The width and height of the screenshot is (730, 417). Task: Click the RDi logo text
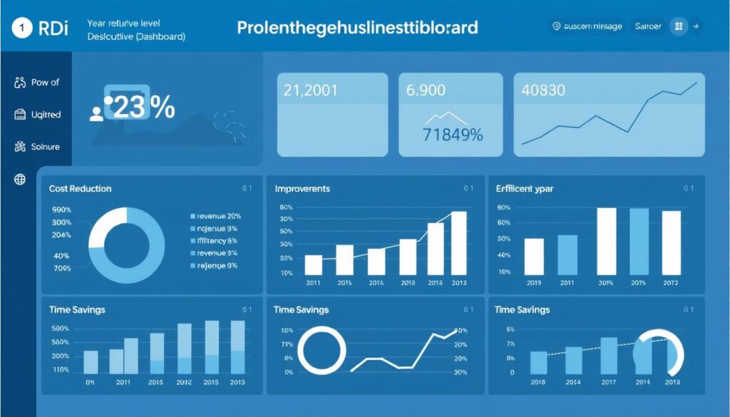click(53, 29)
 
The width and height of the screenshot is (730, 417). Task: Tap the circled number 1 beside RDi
click(23, 29)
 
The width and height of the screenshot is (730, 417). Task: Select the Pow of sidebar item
click(45, 83)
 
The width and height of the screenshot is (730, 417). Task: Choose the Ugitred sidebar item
click(46, 115)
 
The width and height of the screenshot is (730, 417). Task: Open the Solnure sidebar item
click(46, 147)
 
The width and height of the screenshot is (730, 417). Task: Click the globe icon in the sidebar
click(20, 180)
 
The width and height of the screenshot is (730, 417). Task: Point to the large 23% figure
click(143, 107)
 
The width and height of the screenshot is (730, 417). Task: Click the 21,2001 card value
click(311, 91)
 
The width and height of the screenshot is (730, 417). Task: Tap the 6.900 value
click(426, 91)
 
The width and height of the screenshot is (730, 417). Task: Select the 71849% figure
click(453, 134)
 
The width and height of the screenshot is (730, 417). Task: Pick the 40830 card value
click(543, 91)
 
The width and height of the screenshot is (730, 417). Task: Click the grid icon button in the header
click(678, 26)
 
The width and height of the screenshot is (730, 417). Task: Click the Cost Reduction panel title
click(80, 189)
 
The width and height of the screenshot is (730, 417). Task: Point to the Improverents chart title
click(302, 189)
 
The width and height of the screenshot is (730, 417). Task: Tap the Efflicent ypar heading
click(525, 189)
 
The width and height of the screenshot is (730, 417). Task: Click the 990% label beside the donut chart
click(62, 210)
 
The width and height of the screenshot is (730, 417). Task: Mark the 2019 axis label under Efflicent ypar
click(534, 283)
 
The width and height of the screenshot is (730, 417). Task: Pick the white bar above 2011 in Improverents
click(313, 264)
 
